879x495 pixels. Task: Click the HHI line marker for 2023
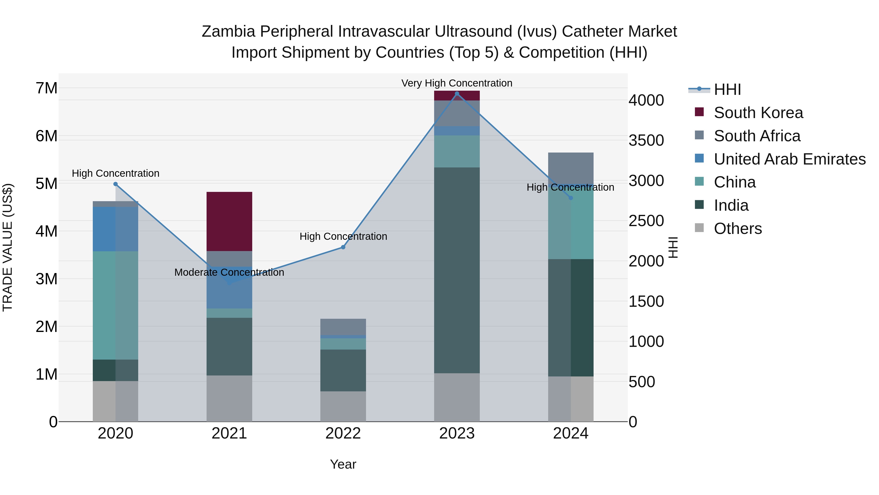(457, 94)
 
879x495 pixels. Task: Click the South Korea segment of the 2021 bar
(229, 221)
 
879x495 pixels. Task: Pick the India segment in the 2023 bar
(457, 270)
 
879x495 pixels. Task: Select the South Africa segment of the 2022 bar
(343, 327)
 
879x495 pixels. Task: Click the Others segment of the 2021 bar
(229, 398)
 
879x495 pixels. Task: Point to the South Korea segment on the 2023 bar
(457, 96)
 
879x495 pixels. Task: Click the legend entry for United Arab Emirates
(789, 159)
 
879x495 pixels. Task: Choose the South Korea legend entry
(758, 113)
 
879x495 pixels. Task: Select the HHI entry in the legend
(727, 89)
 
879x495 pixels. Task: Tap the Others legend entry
(737, 229)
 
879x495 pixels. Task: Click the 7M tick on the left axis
(47, 88)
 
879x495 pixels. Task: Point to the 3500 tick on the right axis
(646, 140)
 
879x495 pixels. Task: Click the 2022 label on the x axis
(343, 433)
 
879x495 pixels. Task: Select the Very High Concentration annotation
(457, 83)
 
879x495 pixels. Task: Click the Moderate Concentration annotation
(229, 272)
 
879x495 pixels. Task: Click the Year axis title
(343, 464)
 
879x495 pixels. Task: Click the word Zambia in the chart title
(228, 32)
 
